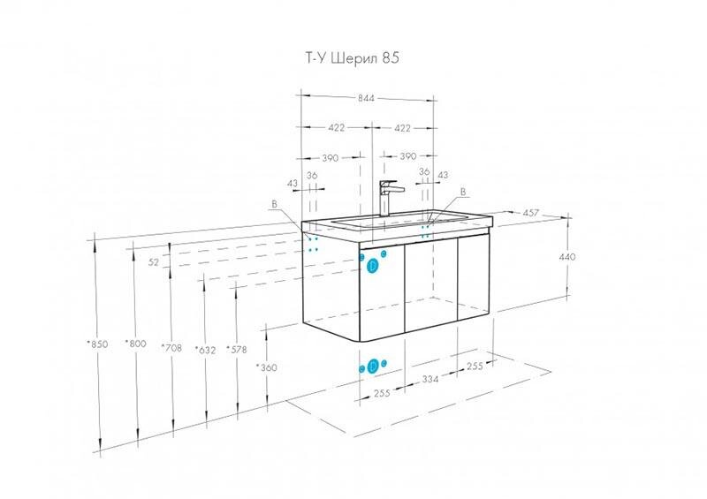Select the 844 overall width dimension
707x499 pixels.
click(x=366, y=98)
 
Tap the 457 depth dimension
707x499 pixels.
click(x=532, y=213)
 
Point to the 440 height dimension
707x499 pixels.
click(x=567, y=257)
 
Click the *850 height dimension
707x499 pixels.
click(x=97, y=344)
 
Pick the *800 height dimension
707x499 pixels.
click(x=136, y=344)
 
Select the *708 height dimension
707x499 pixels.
click(x=171, y=348)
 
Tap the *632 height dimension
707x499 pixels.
click(x=206, y=350)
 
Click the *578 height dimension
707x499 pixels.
click(x=237, y=350)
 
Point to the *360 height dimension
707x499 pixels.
click(x=267, y=367)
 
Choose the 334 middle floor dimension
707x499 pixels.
click(x=430, y=379)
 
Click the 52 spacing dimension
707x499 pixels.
click(x=154, y=262)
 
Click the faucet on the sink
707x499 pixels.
click(x=387, y=199)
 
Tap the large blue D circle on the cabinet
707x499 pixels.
click(x=372, y=266)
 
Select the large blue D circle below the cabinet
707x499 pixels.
click(x=373, y=367)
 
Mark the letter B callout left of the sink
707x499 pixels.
click(x=274, y=204)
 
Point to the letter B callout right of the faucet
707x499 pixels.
click(x=462, y=192)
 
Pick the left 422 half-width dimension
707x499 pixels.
click(x=337, y=128)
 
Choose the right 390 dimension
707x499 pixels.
click(x=407, y=156)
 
